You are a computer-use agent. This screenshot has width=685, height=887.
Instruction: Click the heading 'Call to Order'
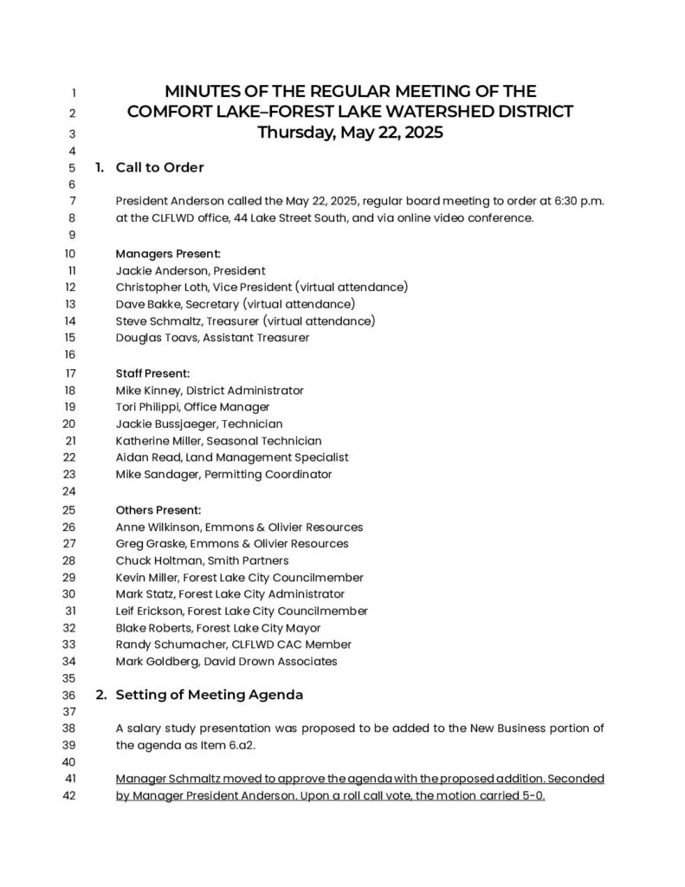159,167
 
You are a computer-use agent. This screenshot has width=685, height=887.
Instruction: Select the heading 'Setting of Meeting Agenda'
209,695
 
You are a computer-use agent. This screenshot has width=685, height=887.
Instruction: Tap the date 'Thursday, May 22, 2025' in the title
350,133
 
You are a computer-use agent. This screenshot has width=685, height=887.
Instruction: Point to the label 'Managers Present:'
168,254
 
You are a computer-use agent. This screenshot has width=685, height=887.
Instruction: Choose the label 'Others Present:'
158,509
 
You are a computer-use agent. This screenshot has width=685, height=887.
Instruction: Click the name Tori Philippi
147,407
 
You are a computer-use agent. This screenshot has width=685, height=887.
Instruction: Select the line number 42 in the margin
72,796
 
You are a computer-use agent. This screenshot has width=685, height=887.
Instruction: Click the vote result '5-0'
534,796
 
